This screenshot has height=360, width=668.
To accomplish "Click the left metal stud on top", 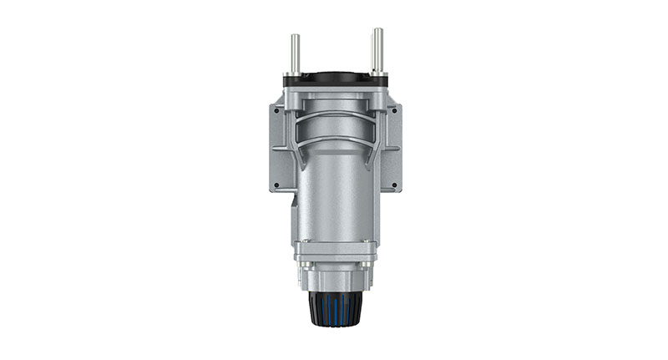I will coord(294,52).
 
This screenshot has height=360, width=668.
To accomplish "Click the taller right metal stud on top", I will coord(377,48).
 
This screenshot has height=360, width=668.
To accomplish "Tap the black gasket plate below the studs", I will coord(335,79).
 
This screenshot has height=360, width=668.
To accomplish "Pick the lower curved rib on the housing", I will coord(335,138).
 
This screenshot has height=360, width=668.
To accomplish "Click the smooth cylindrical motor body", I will coord(335,192).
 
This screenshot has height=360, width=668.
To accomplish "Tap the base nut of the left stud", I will coord(294,74).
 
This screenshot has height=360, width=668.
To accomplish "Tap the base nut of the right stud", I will coord(377,74).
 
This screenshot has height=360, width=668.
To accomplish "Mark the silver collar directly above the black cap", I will coord(335,280).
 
